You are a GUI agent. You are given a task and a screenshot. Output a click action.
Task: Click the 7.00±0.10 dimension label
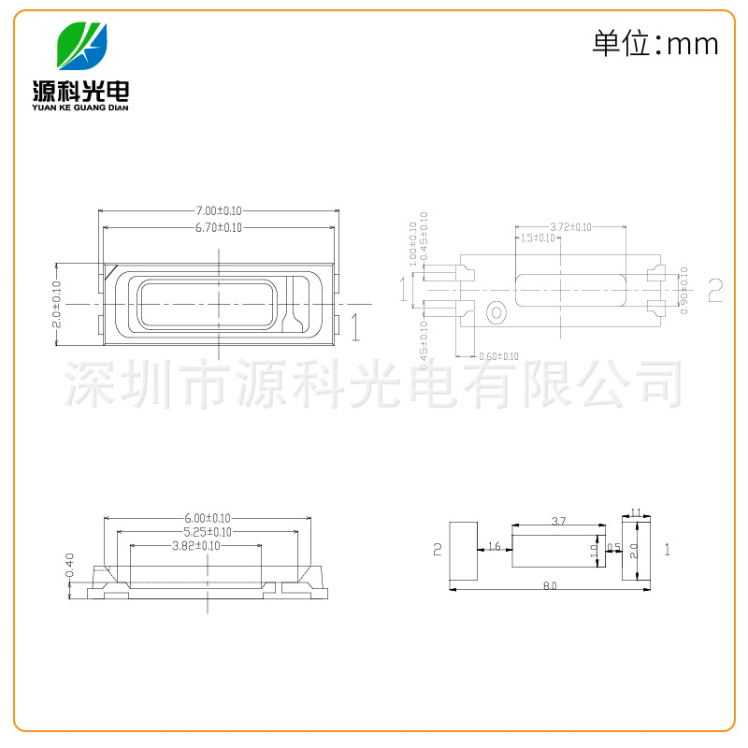[x=219, y=211]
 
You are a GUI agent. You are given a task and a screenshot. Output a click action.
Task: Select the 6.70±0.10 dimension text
[x=219, y=227]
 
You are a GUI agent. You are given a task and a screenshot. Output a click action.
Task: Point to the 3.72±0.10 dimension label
[x=570, y=227]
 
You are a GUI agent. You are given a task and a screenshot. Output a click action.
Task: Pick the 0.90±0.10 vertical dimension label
[x=683, y=291]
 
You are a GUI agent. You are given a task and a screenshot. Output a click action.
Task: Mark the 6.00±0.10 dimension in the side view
[x=207, y=518]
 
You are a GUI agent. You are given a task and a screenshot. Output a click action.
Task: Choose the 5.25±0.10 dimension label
[x=207, y=532]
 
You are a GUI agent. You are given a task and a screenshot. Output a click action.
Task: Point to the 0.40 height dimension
[x=70, y=564]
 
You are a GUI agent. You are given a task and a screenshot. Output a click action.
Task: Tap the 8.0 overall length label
[x=549, y=586]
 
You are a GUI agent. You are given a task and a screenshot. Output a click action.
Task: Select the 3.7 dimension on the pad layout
[x=558, y=521]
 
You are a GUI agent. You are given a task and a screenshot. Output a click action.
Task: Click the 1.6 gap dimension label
[x=495, y=546]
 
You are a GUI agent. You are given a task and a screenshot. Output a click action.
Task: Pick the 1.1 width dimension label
[x=636, y=512]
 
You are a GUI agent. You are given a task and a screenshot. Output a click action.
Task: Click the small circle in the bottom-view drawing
[x=496, y=310]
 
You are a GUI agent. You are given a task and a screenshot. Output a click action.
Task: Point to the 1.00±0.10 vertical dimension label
[x=413, y=239]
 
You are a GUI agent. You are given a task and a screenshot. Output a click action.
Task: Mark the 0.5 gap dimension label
[x=613, y=546]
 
